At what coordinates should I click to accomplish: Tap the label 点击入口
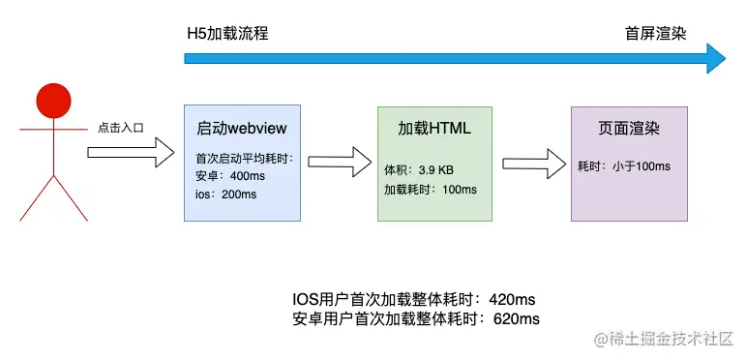coord(120,128)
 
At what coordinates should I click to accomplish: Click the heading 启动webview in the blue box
coord(241,129)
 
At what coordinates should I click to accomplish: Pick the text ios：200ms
coord(225,194)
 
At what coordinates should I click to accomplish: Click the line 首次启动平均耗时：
coord(244,159)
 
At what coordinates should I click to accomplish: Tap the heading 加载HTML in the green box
coord(434,129)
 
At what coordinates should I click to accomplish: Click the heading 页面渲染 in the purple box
coord(629,129)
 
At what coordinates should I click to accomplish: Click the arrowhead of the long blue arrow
coord(716,58)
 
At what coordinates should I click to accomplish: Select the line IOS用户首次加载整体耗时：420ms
coord(415,298)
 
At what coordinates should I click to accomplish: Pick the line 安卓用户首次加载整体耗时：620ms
coord(415,318)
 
